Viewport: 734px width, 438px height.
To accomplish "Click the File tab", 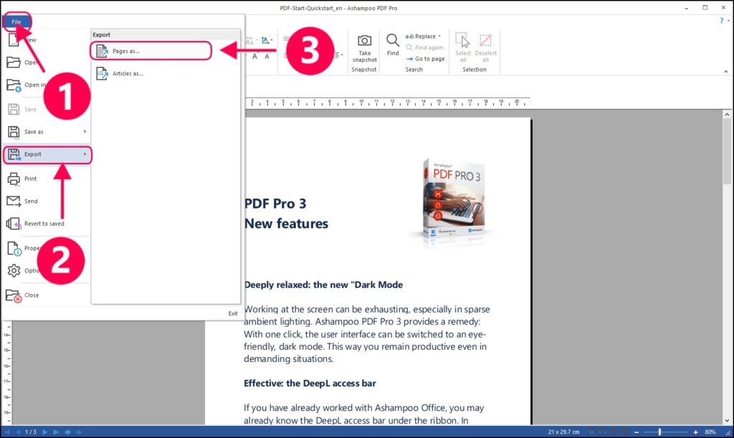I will click(x=16, y=22).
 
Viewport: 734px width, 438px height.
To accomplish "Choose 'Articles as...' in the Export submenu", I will click(x=128, y=73).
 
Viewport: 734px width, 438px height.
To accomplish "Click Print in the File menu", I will click(x=30, y=178).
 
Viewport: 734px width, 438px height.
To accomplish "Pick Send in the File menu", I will click(x=31, y=201).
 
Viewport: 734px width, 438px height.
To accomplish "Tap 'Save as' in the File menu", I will click(x=34, y=132).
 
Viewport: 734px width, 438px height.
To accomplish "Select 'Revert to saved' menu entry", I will click(x=44, y=224).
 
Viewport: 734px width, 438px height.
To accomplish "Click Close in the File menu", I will click(x=32, y=295).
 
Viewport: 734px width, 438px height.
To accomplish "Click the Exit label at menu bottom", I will click(x=233, y=313).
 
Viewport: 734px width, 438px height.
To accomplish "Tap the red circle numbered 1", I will click(x=66, y=97).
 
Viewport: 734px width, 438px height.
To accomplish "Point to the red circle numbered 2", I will click(x=61, y=261).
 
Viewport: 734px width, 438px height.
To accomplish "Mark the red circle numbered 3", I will click(x=310, y=51).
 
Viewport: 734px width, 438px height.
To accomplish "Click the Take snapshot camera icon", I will click(x=364, y=41).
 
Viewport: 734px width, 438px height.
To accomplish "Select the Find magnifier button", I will click(x=393, y=42).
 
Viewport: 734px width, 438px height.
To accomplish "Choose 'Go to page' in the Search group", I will click(x=429, y=59).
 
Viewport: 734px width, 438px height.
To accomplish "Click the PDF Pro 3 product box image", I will click(x=452, y=201).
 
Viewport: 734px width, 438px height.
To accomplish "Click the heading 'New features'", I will click(x=286, y=224).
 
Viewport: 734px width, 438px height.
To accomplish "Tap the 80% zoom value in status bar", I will click(x=710, y=432).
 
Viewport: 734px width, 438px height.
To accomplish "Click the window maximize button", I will click(x=705, y=8).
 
